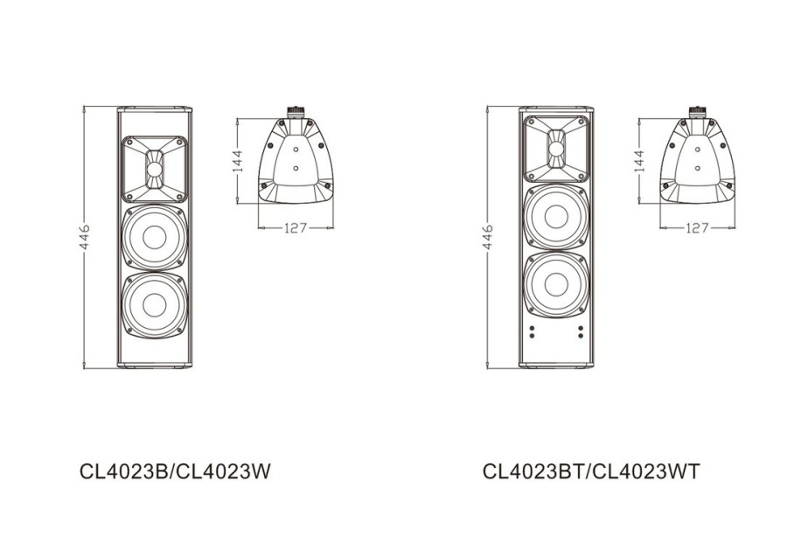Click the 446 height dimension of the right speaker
coord(488,235)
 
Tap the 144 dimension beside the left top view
coord(237,162)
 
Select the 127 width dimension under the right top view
coord(697,228)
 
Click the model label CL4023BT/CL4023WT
coord(591,471)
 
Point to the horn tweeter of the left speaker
coord(155,166)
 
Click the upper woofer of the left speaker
coord(155,236)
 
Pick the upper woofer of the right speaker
coord(556,215)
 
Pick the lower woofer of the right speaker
coord(556,283)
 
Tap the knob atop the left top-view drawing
coord(296,111)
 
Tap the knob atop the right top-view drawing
coord(697,111)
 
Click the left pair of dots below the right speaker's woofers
coord(533,333)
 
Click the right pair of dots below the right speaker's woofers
coord(580,333)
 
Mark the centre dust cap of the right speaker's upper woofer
coord(556,215)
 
